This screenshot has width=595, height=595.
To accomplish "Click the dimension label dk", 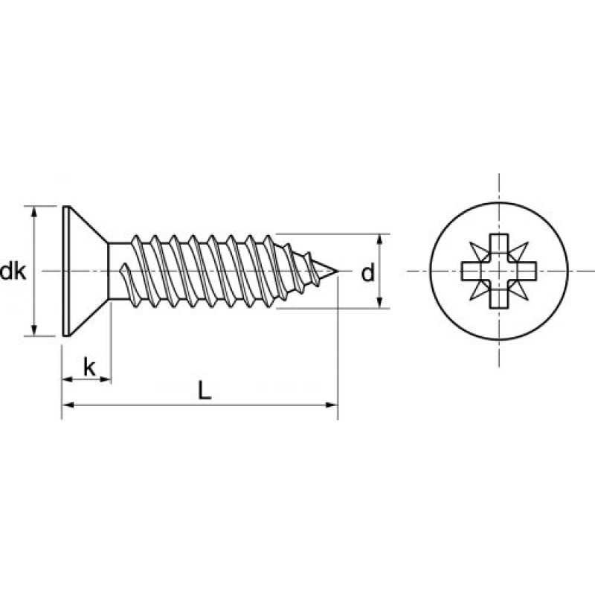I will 13,272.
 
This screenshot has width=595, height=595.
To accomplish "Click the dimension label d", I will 367,274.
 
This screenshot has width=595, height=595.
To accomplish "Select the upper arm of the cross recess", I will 495,246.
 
